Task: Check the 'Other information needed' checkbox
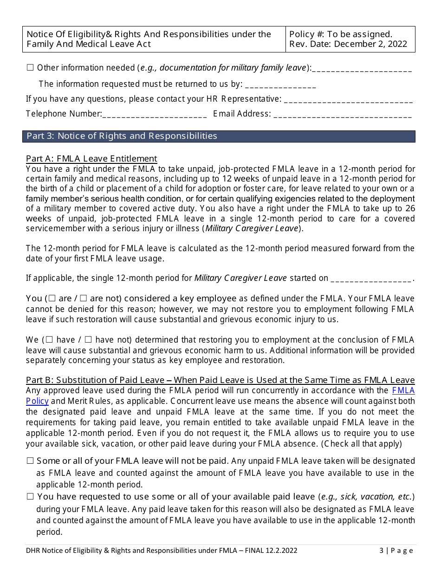(30, 68)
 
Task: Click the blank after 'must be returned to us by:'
(280, 85)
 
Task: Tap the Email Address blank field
(343, 114)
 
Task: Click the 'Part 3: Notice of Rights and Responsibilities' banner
(219, 136)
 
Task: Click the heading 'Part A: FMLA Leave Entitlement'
(91, 159)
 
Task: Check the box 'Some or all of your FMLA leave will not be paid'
(30, 461)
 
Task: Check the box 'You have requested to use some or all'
(30, 497)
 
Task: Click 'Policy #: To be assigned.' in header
(341, 34)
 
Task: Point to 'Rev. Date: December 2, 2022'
(348, 44)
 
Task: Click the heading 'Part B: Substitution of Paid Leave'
(220, 381)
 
